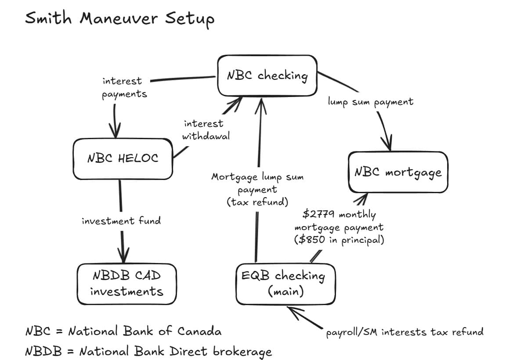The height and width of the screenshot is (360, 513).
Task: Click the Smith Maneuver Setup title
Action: point(119,19)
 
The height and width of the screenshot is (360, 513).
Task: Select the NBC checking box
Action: point(267,76)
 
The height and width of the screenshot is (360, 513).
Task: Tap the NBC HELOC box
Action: point(123,158)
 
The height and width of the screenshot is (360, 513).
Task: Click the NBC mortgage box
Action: point(398,172)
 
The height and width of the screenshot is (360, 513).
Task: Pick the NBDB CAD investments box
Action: point(126,284)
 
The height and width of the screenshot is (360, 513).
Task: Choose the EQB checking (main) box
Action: point(285,284)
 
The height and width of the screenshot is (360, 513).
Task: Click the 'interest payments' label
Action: point(124,87)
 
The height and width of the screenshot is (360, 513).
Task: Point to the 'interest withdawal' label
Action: point(205,130)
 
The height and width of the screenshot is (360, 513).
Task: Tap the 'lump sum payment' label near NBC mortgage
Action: point(371,102)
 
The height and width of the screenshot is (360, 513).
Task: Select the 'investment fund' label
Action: point(121,221)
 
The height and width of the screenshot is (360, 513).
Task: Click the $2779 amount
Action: point(318,215)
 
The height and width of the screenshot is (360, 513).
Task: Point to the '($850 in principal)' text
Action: point(339,241)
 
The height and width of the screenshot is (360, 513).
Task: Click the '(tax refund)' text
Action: point(257,202)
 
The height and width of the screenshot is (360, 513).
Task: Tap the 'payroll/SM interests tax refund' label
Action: point(404,332)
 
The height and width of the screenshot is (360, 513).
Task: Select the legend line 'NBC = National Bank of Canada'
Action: point(123,331)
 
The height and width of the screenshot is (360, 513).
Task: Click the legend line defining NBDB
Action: point(148,351)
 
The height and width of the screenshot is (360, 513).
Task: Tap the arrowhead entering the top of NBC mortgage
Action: point(388,145)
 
